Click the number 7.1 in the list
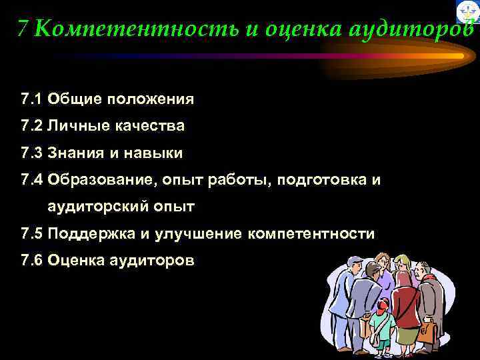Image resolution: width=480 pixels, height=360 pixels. (x=31, y=100)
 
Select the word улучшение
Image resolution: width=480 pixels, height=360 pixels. (x=199, y=234)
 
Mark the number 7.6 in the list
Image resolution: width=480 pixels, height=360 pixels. (x=31, y=261)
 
